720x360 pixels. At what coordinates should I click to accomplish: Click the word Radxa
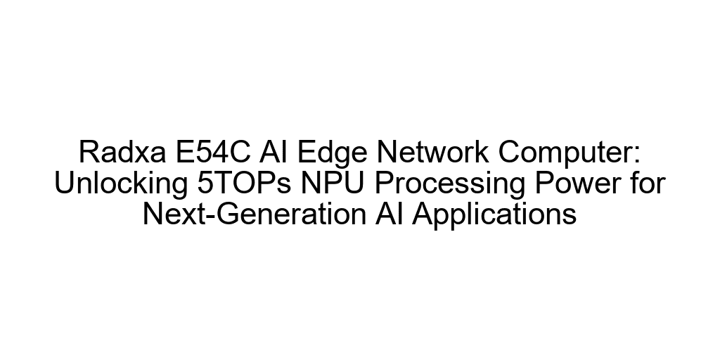tap(122, 152)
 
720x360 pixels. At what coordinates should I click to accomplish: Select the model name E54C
tap(213, 152)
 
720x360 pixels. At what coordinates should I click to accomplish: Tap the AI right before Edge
tap(274, 152)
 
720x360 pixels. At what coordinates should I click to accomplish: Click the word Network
tap(432, 152)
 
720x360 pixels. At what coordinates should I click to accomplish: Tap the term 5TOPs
tap(244, 183)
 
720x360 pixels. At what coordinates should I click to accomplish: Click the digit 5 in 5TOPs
tap(205, 183)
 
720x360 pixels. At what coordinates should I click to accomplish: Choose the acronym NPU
tap(333, 183)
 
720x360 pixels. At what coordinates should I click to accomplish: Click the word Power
tap(580, 183)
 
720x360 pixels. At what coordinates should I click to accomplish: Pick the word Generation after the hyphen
tap(291, 214)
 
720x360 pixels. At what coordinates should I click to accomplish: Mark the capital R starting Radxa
tap(89, 152)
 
